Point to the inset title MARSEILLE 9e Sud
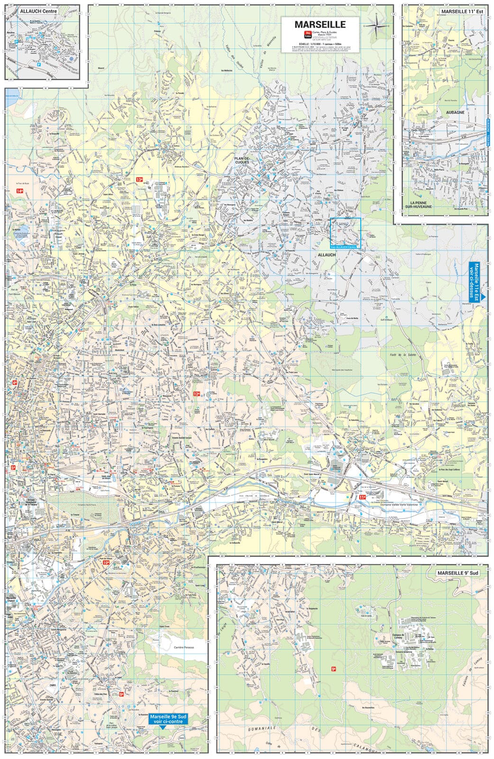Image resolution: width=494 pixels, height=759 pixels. coord(458,573)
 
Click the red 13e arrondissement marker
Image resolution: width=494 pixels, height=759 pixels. coord(139,179)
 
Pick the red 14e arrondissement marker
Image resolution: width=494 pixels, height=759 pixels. coord(19,191)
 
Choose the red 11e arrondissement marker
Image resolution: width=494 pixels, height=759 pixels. coord(362,497)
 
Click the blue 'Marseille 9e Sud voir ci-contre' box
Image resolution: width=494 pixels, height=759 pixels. coord(165,719)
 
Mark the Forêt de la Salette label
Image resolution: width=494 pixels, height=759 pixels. coord(406,354)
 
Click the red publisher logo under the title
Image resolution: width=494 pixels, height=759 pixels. coord(307,35)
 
